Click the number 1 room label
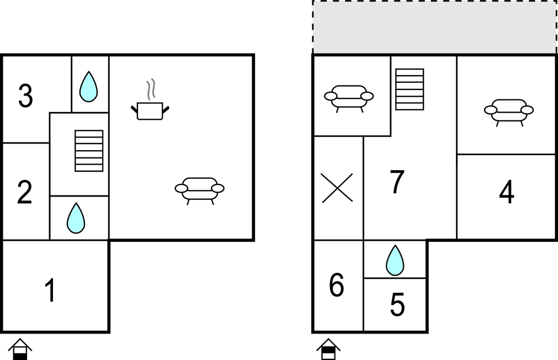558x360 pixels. point(51,290)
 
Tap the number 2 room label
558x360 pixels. point(24,192)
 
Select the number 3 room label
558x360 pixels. point(25,96)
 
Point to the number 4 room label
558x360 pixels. point(507,192)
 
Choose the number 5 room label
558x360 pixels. point(397,304)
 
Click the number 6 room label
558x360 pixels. point(337,285)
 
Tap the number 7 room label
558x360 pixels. point(397,182)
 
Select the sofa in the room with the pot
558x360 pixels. point(200,191)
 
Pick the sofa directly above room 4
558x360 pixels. point(509,113)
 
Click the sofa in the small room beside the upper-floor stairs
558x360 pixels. point(349,99)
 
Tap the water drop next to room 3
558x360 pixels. point(89,87)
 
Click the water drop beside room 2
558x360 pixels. point(76,218)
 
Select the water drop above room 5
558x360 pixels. point(395,260)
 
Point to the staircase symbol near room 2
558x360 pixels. point(89,151)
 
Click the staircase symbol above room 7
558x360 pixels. point(410,89)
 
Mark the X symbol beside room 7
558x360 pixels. point(337,188)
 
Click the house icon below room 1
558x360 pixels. point(20,349)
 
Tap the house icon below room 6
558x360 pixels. point(328,349)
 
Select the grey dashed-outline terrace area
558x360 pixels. point(434,27)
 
